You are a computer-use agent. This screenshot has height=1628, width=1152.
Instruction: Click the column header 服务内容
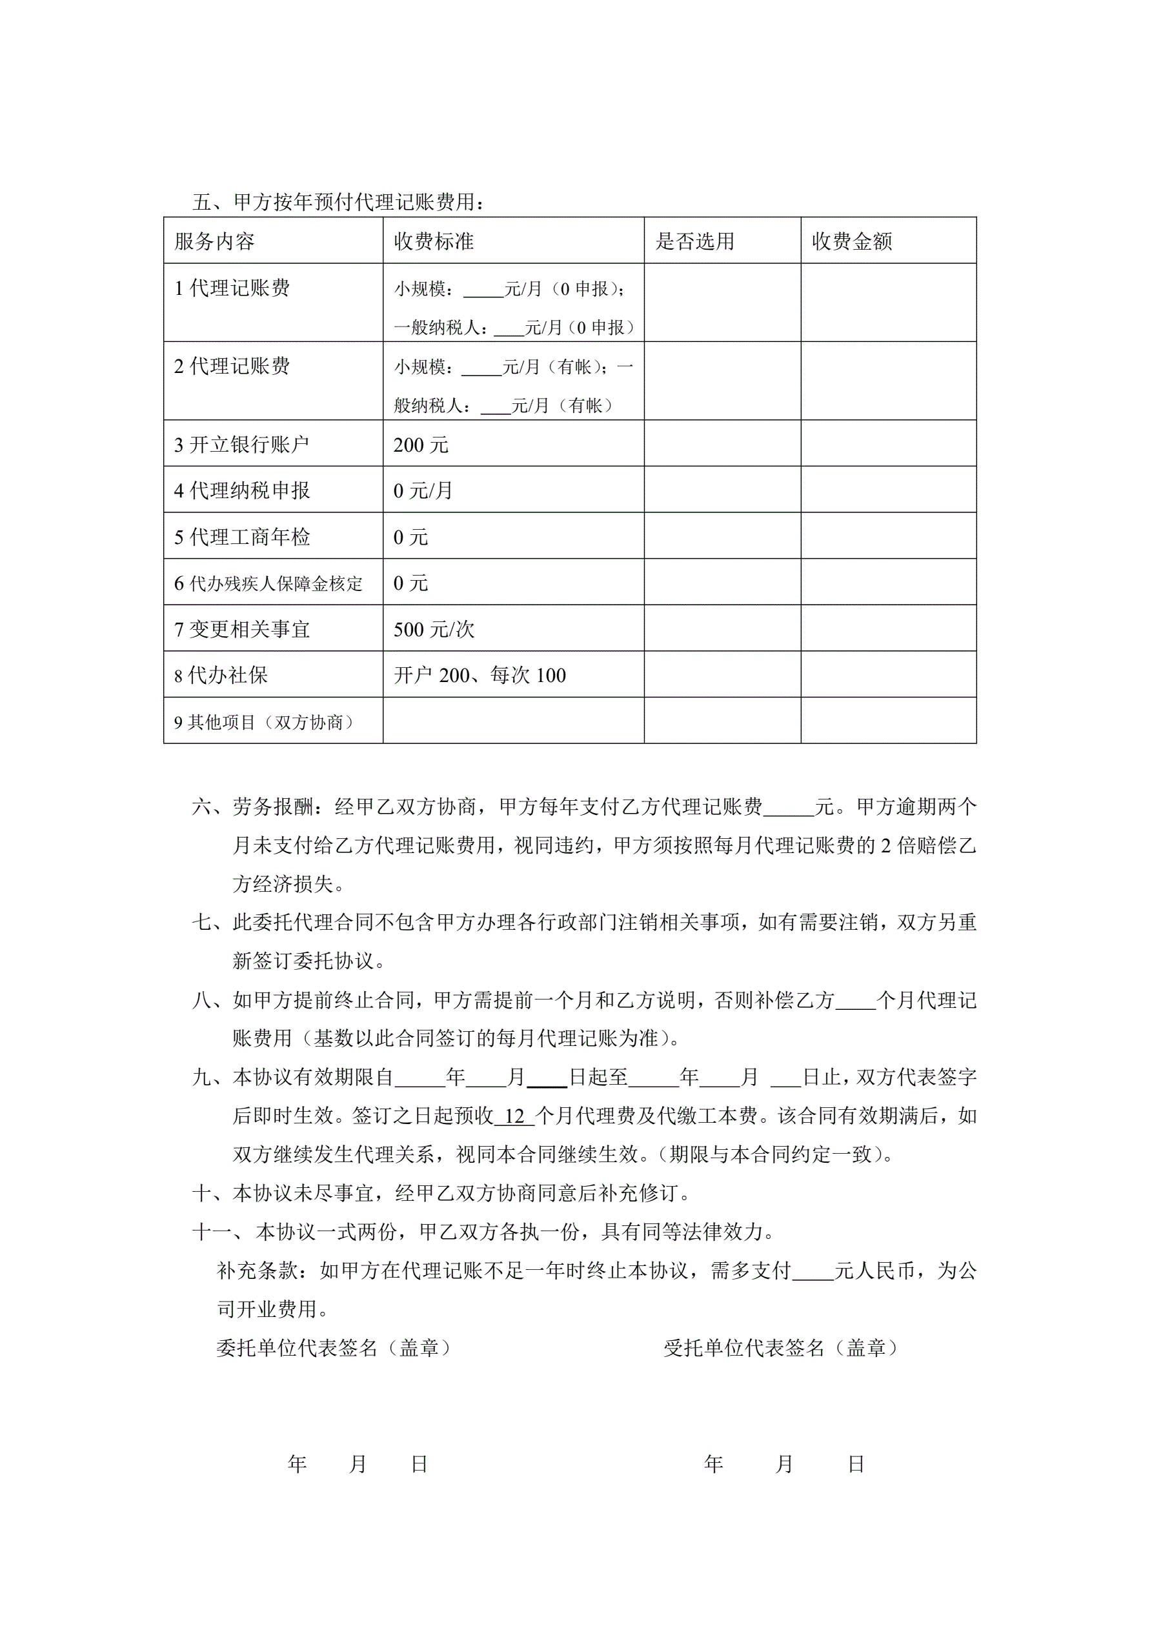coord(214,241)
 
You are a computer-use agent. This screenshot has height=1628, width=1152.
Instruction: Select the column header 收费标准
coord(434,241)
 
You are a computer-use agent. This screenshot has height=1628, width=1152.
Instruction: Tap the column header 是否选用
coord(694,241)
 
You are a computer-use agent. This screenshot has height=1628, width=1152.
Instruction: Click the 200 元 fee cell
coord(421,445)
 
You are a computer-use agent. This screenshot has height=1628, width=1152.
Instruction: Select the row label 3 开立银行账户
coord(242,445)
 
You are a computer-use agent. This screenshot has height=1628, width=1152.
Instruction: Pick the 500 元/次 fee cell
coord(434,629)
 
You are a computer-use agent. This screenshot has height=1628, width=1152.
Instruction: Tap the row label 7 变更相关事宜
coord(242,629)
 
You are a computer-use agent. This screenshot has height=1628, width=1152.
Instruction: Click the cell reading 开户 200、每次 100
coord(480,675)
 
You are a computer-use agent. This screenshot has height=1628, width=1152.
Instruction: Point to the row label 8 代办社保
coord(221,675)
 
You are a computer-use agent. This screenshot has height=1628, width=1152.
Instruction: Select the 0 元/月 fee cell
coord(423,490)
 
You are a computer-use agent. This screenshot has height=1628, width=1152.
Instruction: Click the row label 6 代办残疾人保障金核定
coord(268,583)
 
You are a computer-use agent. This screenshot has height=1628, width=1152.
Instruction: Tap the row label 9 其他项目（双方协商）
coord(264,722)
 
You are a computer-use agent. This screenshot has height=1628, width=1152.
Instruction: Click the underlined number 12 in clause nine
coord(514,1116)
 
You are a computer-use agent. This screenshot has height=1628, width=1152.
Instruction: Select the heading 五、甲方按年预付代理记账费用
coord(338,202)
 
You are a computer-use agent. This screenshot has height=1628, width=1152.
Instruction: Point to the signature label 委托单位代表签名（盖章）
coord(334,1348)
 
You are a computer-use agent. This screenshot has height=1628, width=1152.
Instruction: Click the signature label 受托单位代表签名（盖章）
coord(780,1348)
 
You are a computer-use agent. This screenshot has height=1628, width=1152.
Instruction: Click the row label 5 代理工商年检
coord(242,537)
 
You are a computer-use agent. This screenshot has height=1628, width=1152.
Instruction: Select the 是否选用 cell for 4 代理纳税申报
coord(722,490)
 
